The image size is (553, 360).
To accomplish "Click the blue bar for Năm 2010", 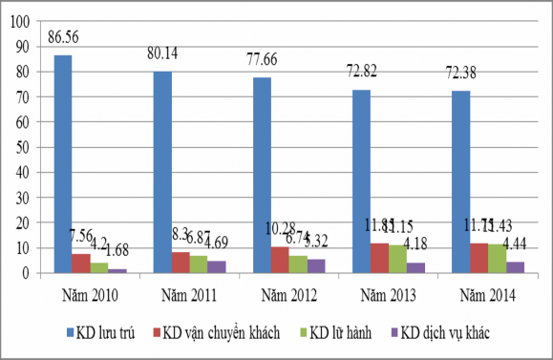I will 62,164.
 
